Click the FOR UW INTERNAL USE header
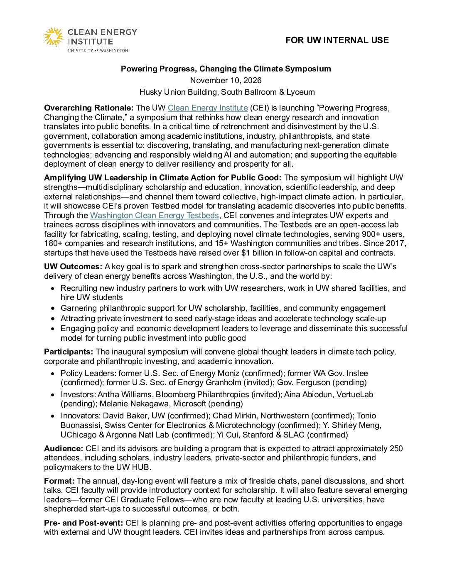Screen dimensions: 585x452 tap(337, 40)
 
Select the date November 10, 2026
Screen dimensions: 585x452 tap(226, 81)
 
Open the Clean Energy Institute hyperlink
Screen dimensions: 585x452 tap(208, 108)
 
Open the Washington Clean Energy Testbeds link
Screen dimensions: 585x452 tap(154, 216)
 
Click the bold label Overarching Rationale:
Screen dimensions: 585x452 tap(88, 108)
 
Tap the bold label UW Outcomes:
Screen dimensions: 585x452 tap(73, 267)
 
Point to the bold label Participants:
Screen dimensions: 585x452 tap(69, 352)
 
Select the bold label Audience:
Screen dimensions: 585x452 tap(64, 449)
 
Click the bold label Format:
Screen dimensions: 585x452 tap(59, 481)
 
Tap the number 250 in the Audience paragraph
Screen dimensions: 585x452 tap(396, 449)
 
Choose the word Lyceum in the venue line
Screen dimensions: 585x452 tap(301, 92)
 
